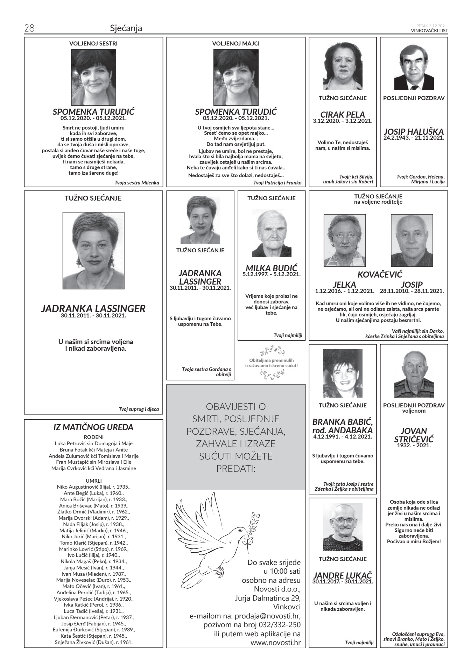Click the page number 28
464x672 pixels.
29,28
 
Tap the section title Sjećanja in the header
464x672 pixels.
126,28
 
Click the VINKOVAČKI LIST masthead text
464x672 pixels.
429,31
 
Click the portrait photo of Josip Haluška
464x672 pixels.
414,68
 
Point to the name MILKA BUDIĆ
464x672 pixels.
271,268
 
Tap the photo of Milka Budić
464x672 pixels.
272,233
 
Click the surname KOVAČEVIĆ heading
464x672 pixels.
380,274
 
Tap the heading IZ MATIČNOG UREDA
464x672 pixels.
93,427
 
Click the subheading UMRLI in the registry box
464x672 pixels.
93,481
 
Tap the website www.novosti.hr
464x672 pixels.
276,643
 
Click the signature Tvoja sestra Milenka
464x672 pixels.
137,183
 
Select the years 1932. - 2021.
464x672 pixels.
414,446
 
